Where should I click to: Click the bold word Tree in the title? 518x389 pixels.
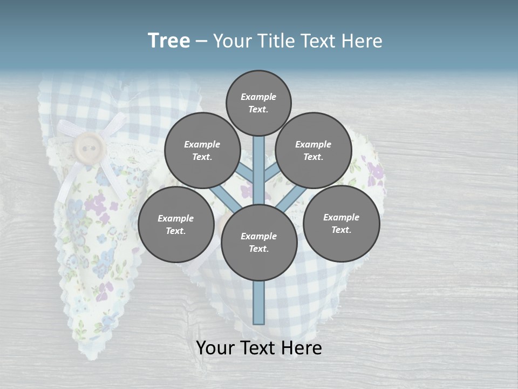169,41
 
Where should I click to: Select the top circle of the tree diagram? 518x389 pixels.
258,103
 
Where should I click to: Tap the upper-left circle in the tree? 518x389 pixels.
202,150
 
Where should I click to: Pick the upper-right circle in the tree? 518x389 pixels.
313,150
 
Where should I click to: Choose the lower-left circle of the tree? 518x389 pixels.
176,224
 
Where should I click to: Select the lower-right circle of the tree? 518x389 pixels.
341,223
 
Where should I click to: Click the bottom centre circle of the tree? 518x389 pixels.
258,242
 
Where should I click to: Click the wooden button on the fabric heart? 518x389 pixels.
89,146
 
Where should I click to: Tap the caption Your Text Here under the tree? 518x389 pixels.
258,348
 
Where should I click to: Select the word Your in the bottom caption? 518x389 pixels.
215,348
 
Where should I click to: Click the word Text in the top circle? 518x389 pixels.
258,109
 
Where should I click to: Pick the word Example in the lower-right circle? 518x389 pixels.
341,217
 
